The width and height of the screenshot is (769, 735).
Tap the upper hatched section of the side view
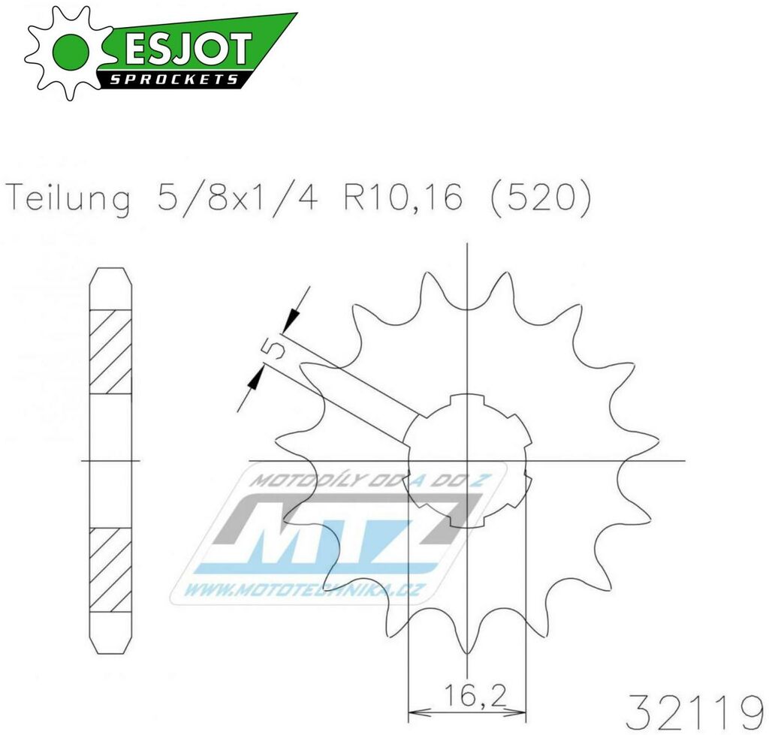pyautogui.click(x=110, y=351)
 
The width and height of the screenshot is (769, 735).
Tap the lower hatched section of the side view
pyautogui.click(x=110, y=569)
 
